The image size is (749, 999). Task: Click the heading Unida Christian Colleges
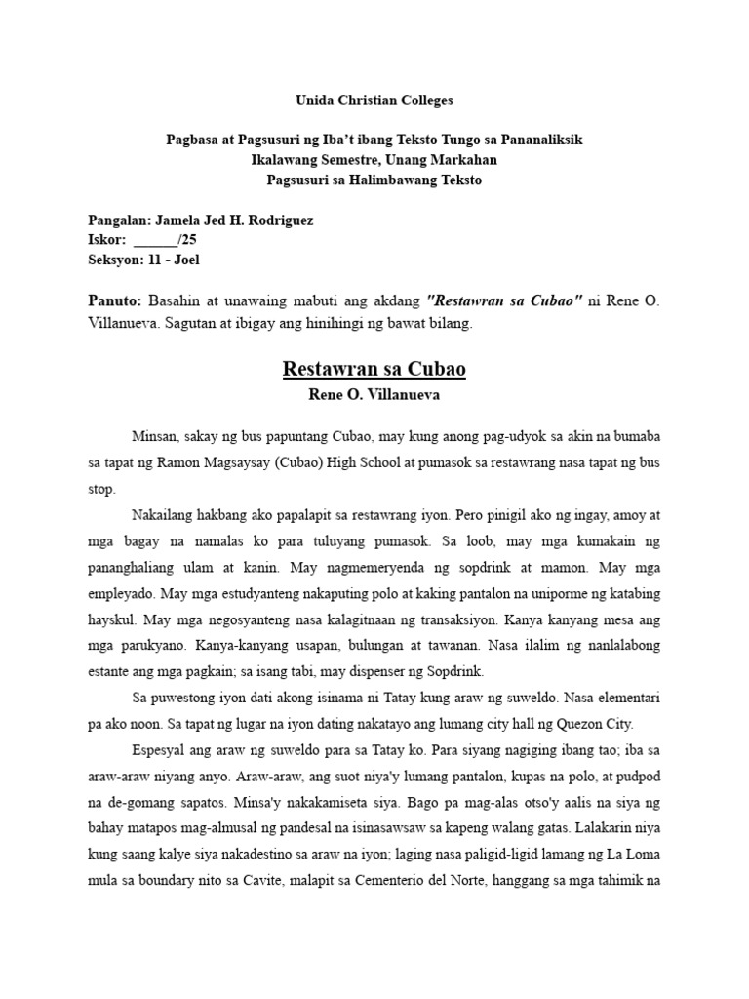(374, 100)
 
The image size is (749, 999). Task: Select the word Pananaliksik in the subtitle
(540, 140)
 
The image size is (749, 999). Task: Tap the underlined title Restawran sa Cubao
(374, 370)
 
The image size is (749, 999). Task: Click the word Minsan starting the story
(154, 436)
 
